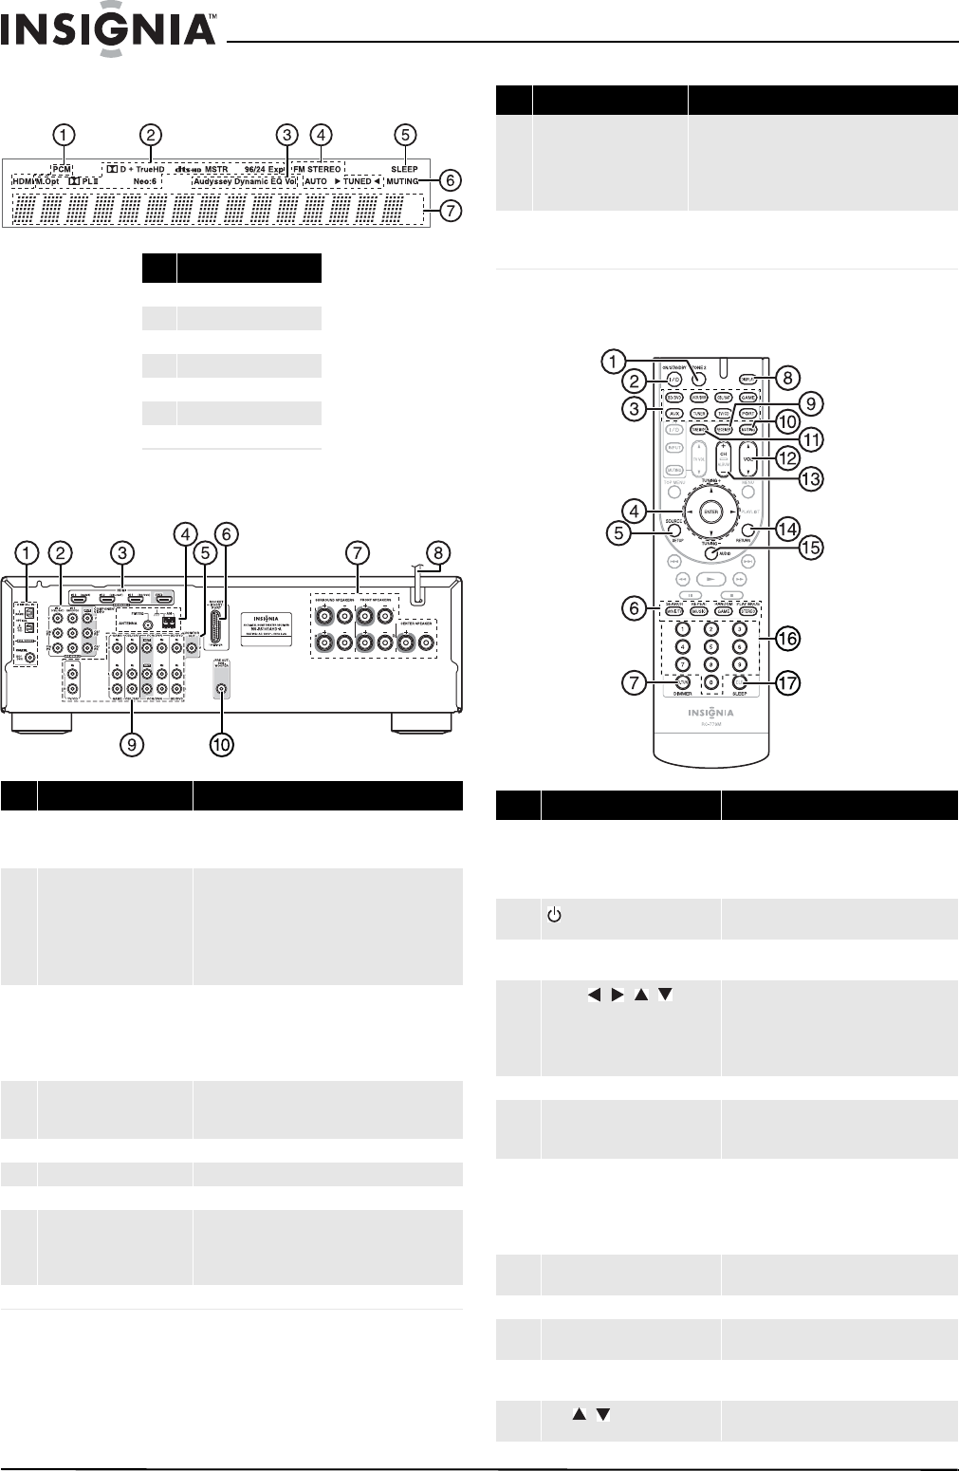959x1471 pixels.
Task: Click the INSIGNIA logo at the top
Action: click(x=109, y=35)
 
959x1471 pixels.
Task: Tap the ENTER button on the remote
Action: click(x=710, y=512)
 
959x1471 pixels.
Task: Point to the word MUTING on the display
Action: click(x=402, y=181)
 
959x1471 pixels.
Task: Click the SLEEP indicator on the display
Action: click(x=404, y=169)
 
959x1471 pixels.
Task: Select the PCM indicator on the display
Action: click(x=62, y=168)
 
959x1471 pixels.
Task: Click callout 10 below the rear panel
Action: click(x=221, y=745)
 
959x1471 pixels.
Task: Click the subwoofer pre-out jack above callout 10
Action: click(x=221, y=691)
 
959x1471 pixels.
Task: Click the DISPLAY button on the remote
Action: click(x=748, y=377)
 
